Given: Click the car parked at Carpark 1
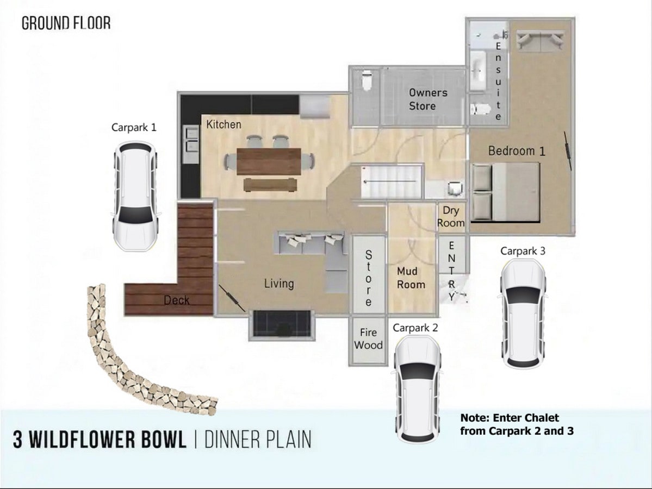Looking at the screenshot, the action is pyautogui.click(x=135, y=197).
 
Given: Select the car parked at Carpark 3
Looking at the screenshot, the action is pyautogui.click(x=523, y=314).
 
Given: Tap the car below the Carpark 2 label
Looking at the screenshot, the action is pyautogui.click(x=417, y=389).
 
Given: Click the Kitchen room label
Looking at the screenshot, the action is pyautogui.click(x=223, y=124).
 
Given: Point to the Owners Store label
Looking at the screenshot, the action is pyautogui.click(x=428, y=99).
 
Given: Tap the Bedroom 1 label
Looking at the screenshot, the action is pyautogui.click(x=517, y=151).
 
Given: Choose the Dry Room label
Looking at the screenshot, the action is pyautogui.click(x=451, y=216).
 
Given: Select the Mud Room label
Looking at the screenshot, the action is pyautogui.click(x=411, y=278).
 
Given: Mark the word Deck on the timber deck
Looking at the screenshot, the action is pyautogui.click(x=177, y=300).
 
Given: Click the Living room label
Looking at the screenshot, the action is pyautogui.click(x=279, y=283).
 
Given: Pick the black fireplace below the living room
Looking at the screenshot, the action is pyautogui.click(x=282, y=323).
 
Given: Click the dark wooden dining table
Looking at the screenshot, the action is pyautogui.click(x=269, y=161).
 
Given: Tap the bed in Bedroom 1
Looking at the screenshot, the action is pyautogui.click(x=506, y=192).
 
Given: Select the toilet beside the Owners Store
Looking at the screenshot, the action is pyautogui.click(x=367, y=80).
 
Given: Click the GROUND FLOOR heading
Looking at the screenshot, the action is pyautogui.click(x=66, y=23).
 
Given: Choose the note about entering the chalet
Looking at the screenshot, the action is pyautogui.click(x=517, y=424).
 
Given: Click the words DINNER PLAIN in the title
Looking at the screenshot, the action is pyautogui.click(x=258, y=440).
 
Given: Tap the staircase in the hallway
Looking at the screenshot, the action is pyautogui.click(x=391, y=181).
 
